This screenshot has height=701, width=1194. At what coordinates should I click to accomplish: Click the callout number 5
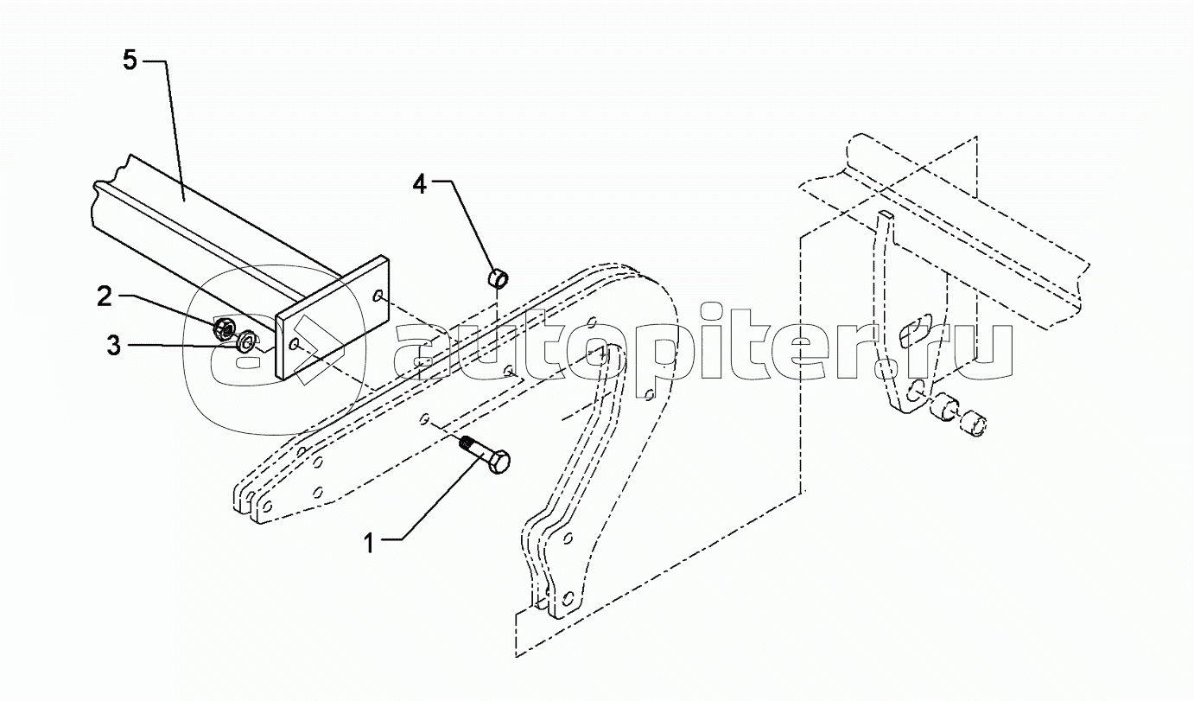(130, 61)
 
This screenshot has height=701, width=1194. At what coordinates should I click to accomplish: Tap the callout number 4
(419, 185)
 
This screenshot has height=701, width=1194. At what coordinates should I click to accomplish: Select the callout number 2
(105, 297)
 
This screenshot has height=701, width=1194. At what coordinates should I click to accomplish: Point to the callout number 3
(113, 347)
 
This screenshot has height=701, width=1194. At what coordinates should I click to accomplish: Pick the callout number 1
(369, 544)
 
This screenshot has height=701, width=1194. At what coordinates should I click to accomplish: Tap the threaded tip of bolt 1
(466, 444)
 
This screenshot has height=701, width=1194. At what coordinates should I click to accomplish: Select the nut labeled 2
(223, 328)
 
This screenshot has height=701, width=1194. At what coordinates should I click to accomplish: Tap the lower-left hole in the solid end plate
(295, 346)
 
